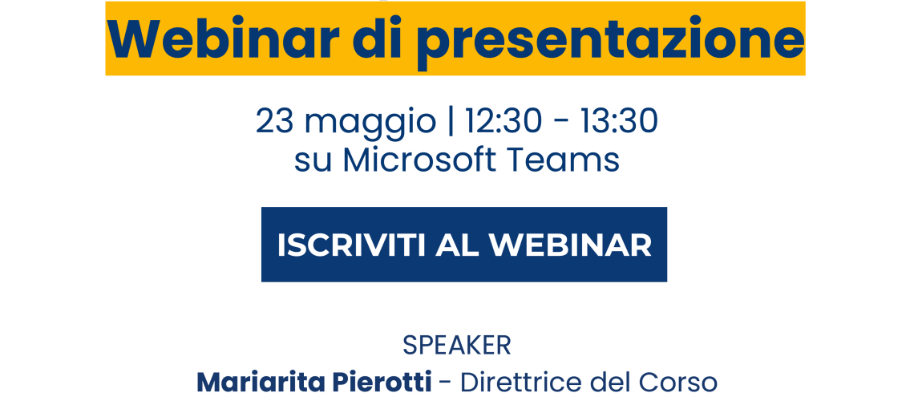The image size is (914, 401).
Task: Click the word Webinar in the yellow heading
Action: [x=224, y=38]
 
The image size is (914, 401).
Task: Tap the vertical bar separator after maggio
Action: [x=451, y=124]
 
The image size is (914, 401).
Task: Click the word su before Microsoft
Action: [x=313, y=164]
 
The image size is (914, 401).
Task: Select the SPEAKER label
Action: [x=457, y=346]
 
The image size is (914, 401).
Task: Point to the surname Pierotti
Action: [x=382, y=383]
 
